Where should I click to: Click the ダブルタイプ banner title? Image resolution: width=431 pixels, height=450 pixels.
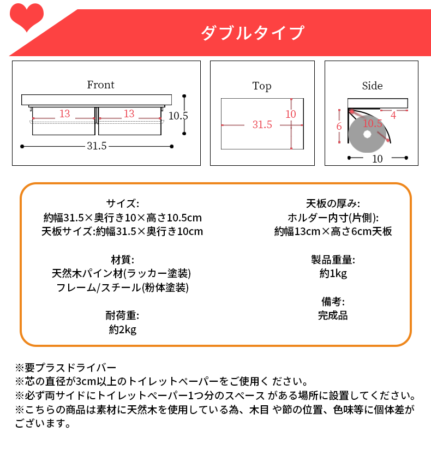click(x=253, y=33)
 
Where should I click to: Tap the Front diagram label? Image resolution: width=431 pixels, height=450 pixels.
click(x=100, y=85)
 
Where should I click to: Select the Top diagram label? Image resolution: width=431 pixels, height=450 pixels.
click(x=261, y=86)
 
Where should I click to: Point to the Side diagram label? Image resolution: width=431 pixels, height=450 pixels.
click(x=372, y=86)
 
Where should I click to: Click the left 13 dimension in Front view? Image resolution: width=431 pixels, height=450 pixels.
click(x=64, y=113)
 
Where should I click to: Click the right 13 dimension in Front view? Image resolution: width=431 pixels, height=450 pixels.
click(x=129, y=113)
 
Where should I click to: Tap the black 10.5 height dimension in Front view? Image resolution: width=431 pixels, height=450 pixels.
click(x=178, y=116)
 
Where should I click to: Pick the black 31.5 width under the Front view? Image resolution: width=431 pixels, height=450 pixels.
click(x=97, y=146)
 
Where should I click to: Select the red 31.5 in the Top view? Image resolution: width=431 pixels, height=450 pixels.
click(x=262, y=124)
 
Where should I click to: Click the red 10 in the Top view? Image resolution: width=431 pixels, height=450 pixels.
click(x=291, y=114)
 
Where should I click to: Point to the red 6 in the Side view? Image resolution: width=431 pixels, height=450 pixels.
click(x=339, y=127)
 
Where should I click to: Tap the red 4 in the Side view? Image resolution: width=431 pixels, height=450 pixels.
click(x=393, y=116)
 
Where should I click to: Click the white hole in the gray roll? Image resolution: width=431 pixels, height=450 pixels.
click(x=367, y=134)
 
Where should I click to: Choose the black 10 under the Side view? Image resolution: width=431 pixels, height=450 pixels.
click(x=378, y=159)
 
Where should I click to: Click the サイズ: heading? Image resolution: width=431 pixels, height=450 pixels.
click(x=123, y=204)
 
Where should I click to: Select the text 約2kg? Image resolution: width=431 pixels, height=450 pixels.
click(x=123, y=329)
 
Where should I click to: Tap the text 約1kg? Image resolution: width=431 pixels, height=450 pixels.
click(x=333, y=273)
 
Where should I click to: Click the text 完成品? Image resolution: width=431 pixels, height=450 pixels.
click(x=333, y=315)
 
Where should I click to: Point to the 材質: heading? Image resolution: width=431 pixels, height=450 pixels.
click(x=123, y=260)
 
